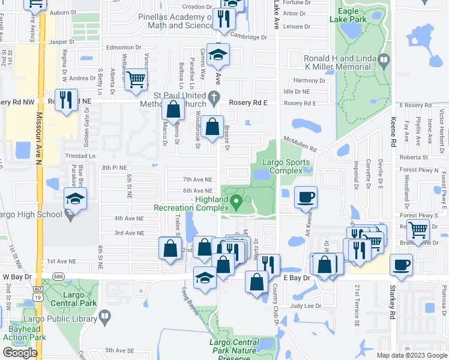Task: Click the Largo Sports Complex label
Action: [286, 166]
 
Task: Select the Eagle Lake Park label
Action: [348, 15]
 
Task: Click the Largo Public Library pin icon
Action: [104, 316]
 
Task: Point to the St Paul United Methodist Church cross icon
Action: [214, 96]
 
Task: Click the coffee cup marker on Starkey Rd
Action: [401, 265]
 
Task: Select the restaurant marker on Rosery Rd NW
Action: [65, 99]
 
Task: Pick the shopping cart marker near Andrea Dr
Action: [136, 79]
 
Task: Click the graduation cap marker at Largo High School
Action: [76, 200]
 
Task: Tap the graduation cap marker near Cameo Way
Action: [218, 55]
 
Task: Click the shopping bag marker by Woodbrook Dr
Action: [212, 127]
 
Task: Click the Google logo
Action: [20, 353]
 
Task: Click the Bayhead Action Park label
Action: [28, 334]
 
